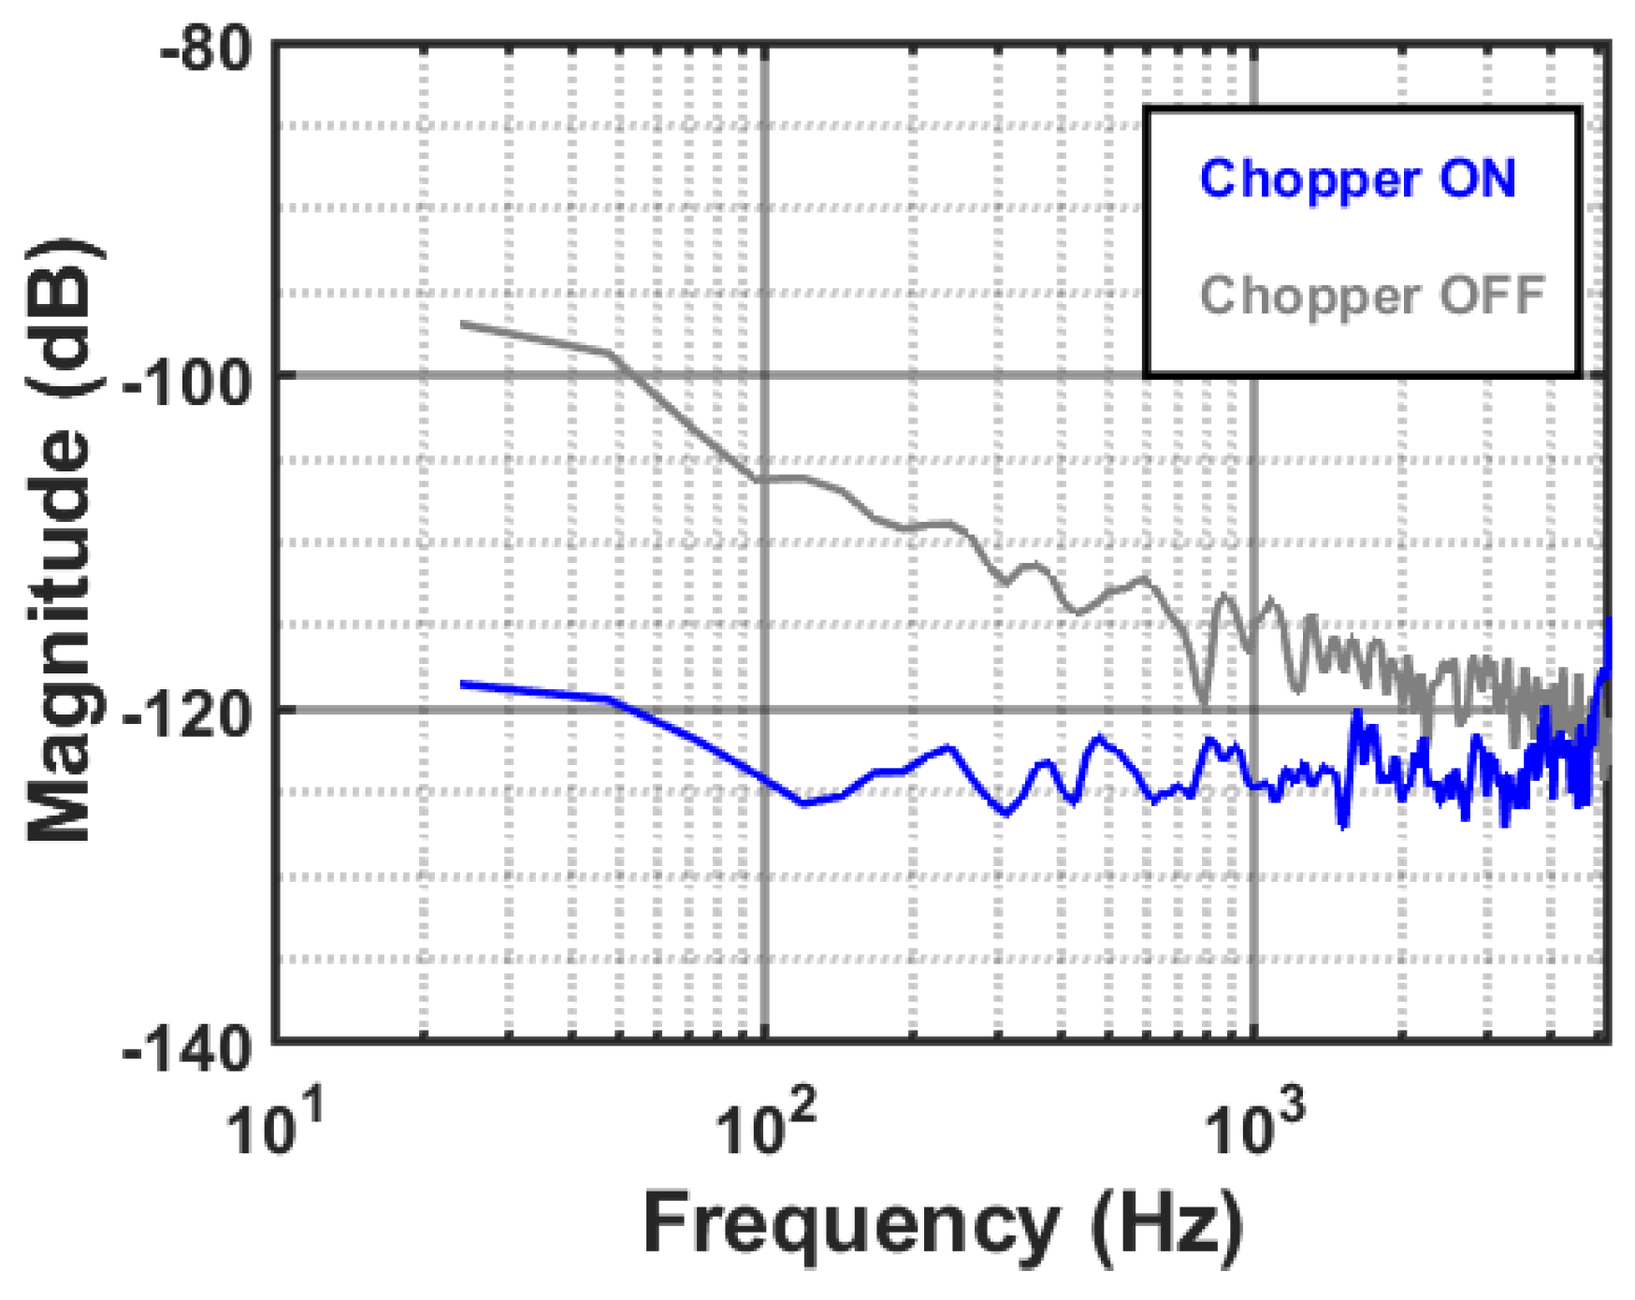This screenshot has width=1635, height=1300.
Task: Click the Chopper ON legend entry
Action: pyautogui.click(x=1356, y=179)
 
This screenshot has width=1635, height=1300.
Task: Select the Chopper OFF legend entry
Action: pyautogui.click(x=1371, y=296)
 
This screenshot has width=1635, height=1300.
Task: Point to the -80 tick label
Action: pyautogui.click(x=206, y=47)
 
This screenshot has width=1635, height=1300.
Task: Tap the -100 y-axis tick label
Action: pyautogui.click(x=187, y=382)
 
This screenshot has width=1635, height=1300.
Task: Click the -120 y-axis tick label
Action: pyautogui.click(x=187, y=716)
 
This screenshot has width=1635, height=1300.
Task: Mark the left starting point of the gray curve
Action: pyautogui.click(x=461, y=324)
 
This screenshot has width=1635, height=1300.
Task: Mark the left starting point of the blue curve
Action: pyautogui.click(x=461, y=685)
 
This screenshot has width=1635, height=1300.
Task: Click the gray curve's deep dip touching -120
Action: pyautogui.click(x=1204, y=703)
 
